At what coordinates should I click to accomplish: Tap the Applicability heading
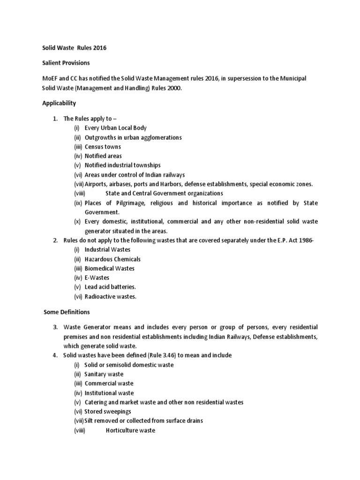pyautogui.click(x=59, y=103)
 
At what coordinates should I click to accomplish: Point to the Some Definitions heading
pyautogui.click(x=67, y=312)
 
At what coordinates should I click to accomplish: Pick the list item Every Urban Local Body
pyautogui.click(x=116, y=128)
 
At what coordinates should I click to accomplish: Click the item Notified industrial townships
pyautogui.click(x=122, y=165)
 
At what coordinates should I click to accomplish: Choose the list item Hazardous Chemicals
pyautogui.click(x=112, y=259)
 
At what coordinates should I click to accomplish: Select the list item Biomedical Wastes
pyautogui.click(x=109, y=269)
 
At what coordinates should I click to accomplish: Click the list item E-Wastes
pyautogui.click(x=97, y=278)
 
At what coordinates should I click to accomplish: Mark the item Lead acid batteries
pyautogui.click(x=110, y=287)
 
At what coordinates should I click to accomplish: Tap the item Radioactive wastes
pyautogui.click(x=111, y=296)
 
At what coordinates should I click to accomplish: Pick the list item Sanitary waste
pyautogui.click(x=104, y=374)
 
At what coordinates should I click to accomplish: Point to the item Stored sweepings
pyautogui.click(x=108, y=412)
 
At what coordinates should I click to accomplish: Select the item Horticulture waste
pyautogui.click(x=130, y=430)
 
